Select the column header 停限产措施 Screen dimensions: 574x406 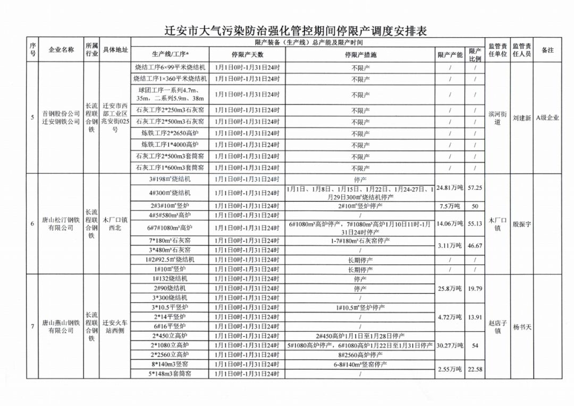point(360,55)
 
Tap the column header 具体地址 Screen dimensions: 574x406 point(115,50)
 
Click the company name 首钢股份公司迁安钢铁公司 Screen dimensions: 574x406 point(61,117)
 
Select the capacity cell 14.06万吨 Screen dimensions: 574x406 point(450,224)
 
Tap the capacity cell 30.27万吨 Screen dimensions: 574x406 point(450,345)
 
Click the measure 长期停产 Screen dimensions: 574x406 point(360,260)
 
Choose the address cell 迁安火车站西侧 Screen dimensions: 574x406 point(115,326)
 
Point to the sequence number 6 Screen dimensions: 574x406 point(32,224)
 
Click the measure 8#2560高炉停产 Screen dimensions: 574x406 point(360,354)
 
